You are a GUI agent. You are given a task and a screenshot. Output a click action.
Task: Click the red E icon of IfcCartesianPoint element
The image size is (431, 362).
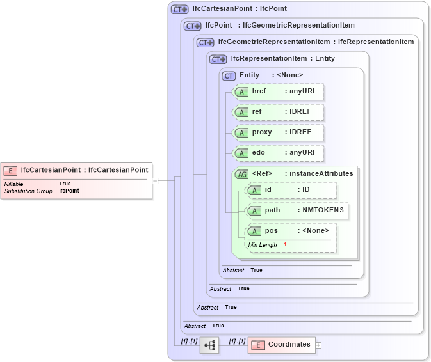[10, 170]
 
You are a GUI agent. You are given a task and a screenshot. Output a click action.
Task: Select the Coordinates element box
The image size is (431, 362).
[281, 345]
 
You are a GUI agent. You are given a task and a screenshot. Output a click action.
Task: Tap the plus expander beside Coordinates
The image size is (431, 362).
[318, 345]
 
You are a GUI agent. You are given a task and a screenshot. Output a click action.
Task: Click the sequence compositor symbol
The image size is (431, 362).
[209, 345]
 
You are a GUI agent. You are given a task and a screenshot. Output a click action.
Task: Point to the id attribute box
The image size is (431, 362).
[291, 190]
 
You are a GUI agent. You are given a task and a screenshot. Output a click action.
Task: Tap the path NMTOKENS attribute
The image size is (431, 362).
[297, 210]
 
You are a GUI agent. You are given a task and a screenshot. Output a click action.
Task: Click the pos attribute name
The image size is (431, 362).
[272, 231]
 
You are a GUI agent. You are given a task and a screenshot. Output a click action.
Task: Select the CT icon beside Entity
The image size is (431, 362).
[229, 75]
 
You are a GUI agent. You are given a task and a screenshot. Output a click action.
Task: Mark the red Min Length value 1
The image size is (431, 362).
[285, 245]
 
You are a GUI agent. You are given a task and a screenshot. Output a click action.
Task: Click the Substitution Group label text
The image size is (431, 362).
[28, 191]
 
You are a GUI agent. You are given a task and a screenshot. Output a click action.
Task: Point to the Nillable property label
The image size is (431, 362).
[15, 184]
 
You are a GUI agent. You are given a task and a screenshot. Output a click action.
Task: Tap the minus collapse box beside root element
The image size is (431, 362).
[155, 180]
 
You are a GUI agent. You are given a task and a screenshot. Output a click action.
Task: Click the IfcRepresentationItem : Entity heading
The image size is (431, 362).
[282, 59]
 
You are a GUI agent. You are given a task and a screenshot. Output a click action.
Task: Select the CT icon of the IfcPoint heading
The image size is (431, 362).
[192, 26]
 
